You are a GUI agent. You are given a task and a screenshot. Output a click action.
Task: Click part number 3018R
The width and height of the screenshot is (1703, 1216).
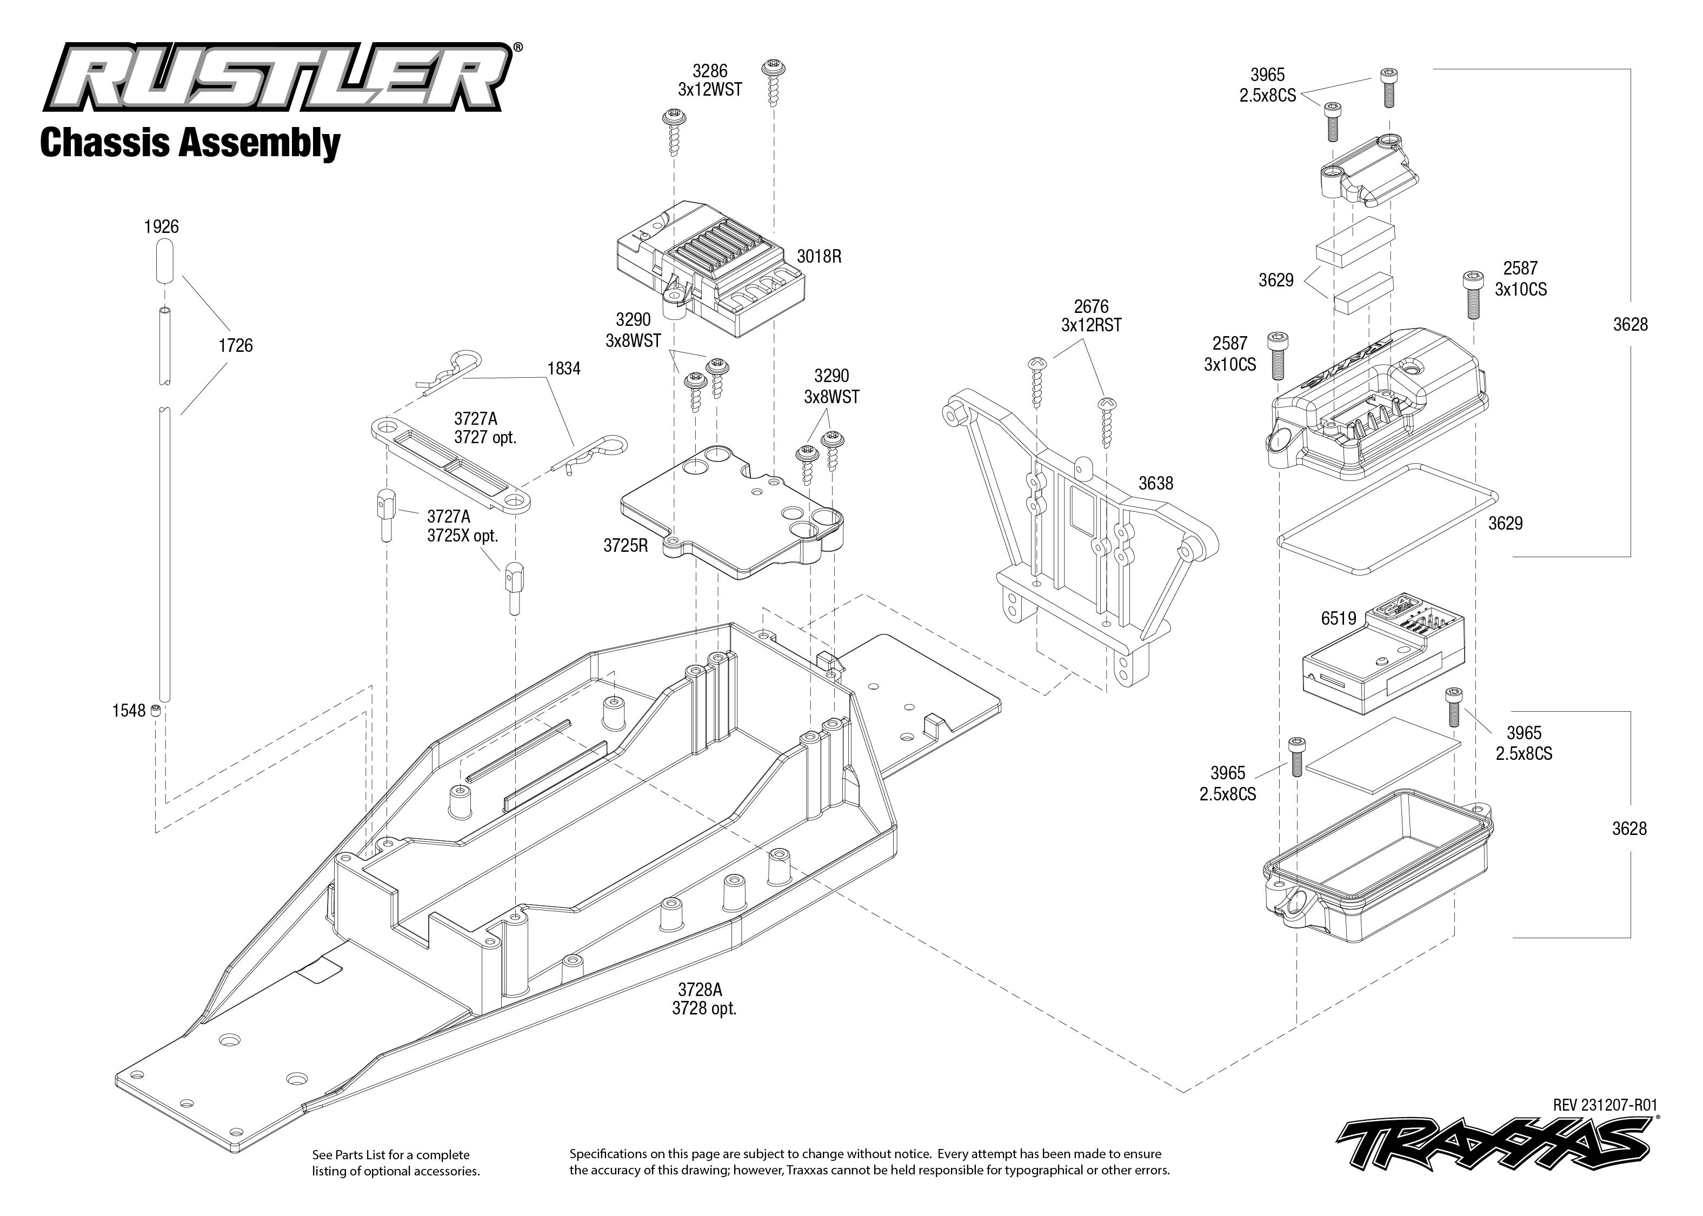(819, 256)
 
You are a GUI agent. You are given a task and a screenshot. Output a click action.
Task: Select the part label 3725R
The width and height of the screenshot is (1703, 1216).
(626, 546)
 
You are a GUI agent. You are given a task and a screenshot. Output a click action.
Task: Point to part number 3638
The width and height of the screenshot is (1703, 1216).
(1155, 484)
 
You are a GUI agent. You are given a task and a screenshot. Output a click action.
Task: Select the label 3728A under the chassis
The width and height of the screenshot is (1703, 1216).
(700, 990)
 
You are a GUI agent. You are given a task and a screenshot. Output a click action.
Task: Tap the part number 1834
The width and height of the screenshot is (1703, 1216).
(564, 369)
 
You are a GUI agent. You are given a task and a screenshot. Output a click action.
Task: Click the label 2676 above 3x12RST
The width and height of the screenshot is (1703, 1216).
(1091, 306)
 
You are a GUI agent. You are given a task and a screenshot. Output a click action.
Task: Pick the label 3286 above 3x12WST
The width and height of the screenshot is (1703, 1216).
(709, 71)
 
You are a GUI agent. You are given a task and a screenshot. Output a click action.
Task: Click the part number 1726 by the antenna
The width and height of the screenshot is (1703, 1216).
(235, 345)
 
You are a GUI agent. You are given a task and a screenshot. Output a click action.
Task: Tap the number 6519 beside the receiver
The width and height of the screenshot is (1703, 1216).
(1338, 618)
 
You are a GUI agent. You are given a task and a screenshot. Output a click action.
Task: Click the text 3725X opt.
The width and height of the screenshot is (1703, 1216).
(462, 536)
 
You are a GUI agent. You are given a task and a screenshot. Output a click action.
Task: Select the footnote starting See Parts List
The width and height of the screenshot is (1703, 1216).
(395, 1163)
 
